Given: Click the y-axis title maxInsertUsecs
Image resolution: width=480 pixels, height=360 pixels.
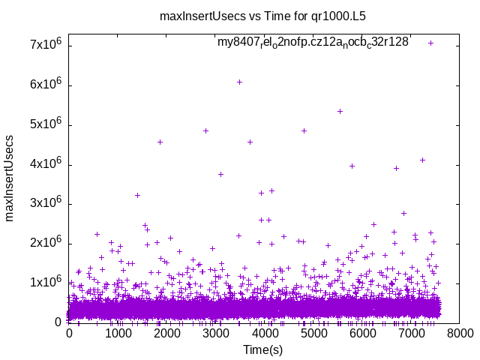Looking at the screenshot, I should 10,178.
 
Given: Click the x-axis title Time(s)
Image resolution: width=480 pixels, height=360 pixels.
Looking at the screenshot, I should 263,349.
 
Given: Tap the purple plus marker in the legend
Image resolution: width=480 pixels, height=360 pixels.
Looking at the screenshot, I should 430,43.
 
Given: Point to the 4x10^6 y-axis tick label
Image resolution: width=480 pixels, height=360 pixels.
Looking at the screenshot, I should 46,164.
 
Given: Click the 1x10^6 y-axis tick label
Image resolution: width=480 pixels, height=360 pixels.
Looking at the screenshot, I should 46,283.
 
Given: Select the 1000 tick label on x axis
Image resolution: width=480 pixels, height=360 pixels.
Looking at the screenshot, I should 117,334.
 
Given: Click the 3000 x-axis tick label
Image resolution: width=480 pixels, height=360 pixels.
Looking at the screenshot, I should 214,334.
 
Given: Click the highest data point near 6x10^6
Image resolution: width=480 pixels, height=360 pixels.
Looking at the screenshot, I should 239,82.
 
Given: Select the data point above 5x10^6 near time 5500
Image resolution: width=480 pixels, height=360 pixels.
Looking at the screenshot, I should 340,111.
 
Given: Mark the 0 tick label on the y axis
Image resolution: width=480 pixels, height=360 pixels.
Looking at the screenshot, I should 58,322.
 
